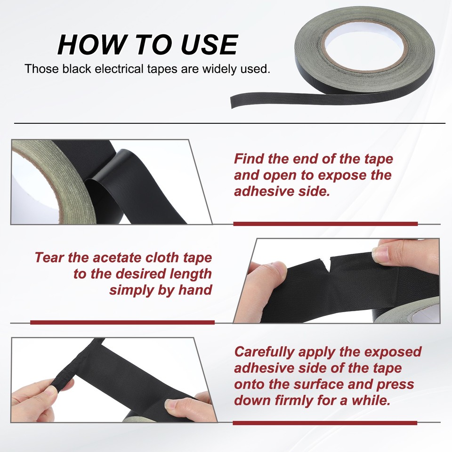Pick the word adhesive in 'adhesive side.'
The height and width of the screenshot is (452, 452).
(x=264, y=192)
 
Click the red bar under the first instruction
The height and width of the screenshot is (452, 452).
(x=325, y=224)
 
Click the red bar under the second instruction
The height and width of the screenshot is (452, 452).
(x=122, y=323)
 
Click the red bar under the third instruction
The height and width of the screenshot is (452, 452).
(x=325, y=422)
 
